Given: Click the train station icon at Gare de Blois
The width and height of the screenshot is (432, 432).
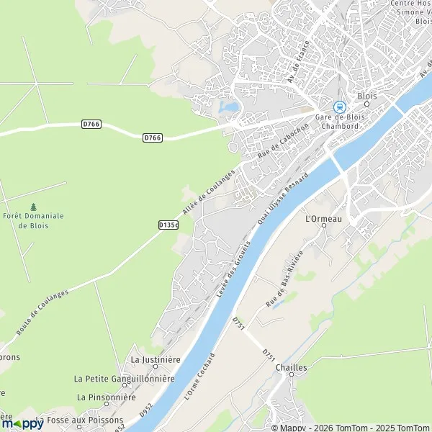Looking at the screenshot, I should pyautogui.click(x=340, y=106).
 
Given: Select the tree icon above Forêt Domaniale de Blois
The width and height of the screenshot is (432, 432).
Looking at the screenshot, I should pyautogui.click(x=33, y=207).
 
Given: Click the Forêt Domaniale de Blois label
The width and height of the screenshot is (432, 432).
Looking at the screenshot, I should pyautogui.click(x=34, y=220).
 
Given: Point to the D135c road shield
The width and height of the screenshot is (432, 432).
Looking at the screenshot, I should pyautogui.click(x=168, y=225).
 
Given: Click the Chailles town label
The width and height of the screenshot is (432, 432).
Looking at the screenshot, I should pyautogui.click(x=292, y=367).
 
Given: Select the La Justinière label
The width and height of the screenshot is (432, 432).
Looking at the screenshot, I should pyautogui.click(x=155, y=359).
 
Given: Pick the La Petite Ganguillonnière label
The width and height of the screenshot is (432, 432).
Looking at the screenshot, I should pyautogui.click(x=125, y=378).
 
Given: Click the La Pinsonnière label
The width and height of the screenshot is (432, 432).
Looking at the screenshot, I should pyautogui.click(x=107, y=397).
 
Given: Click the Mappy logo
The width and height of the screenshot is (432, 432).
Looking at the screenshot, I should pyautogui.click(x=23, y=423).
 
